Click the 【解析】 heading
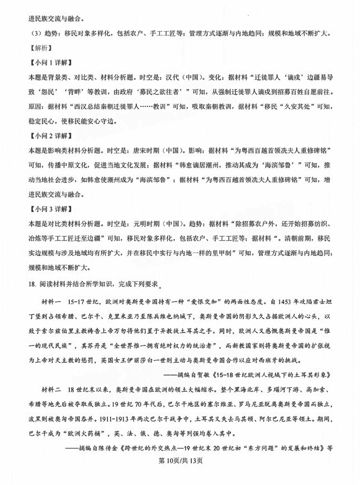(28, 47)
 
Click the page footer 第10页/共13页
(180, 473)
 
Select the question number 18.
(20, 284)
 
